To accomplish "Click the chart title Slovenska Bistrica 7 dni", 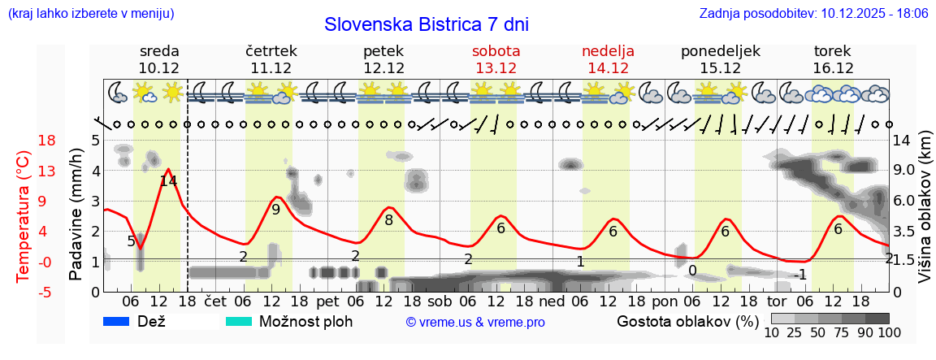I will click(x=426, y=24).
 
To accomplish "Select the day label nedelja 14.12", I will click(x=608, y=59).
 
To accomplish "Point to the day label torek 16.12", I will click(x=833, y=59).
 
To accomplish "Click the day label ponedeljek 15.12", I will click(x=720, y=59).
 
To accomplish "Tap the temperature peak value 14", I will click(x=168, y=181).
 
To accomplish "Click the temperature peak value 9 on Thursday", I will click(x=276, y=210).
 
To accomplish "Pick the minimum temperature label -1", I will click(x=799, y=275).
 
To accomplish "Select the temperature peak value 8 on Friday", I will click(x=389, y=220).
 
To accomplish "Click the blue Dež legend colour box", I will click(x=117, y=321).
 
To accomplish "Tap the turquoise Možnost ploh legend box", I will click(x=239, y=321).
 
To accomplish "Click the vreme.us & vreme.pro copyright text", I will click(x=475, y=322).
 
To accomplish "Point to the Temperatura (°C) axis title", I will click(x=23, y=215).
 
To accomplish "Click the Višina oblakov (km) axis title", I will click(x=925, y=215).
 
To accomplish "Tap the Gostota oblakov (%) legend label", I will click(x=681, y=321).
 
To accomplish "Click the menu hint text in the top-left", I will click(x=90, y=14).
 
